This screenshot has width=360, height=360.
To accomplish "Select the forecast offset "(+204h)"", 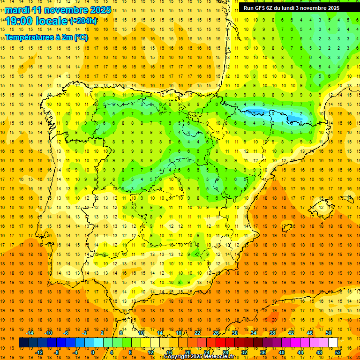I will click(83, 21).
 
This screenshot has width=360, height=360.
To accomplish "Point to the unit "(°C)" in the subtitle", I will click(80, 37).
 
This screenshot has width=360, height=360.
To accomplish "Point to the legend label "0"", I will click(93, 352).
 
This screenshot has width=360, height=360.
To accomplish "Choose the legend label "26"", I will click(216, 333).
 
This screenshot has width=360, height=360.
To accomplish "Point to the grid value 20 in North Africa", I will click(273, 320).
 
